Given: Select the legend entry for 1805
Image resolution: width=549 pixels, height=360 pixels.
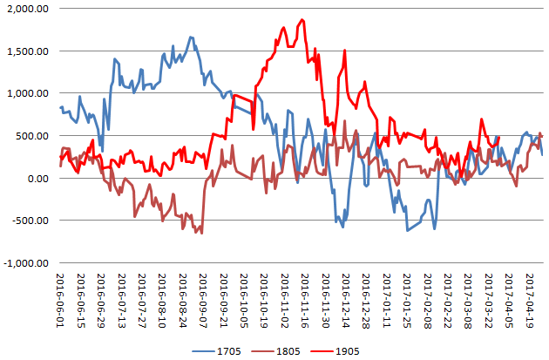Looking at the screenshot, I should click(292, 351).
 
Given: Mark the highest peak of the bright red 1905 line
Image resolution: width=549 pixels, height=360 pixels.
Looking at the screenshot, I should click(301, 20).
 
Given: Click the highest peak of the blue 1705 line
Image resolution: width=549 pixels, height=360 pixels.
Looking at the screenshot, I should click(191, 37).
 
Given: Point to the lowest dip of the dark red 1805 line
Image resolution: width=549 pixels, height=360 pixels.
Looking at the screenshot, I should click(202, 233).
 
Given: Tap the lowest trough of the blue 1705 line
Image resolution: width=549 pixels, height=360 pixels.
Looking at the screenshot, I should click(407, 231).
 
